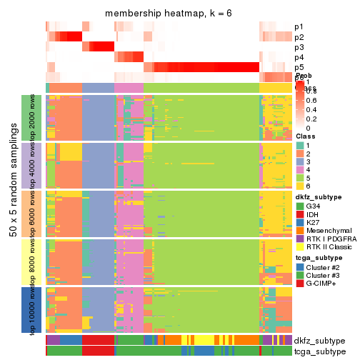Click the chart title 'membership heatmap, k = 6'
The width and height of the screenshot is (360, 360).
[169, 14]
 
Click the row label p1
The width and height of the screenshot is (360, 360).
[299, 27]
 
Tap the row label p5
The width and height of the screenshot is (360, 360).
[299, 67]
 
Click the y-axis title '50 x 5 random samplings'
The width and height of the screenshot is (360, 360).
[14, 214]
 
